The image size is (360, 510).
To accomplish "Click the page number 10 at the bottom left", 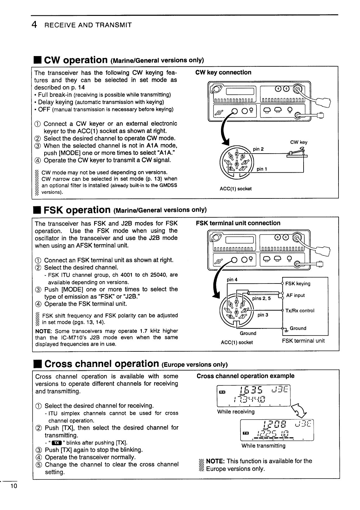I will coord(13,486).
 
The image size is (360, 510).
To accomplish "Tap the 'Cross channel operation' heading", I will coord(102,364).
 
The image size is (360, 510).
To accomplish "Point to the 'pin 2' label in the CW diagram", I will coord(258,149).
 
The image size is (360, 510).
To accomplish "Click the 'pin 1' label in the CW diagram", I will coord(262,169).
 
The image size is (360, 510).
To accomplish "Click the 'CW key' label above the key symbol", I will coord(299,142).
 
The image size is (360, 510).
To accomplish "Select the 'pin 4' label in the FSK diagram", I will coord(232,279).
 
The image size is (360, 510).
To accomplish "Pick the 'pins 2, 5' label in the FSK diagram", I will coord(262,298).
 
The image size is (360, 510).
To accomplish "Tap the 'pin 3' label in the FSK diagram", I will coord(263,315).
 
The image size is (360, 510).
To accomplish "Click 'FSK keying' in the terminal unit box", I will coord(298,284).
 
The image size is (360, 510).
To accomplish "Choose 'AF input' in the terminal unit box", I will coord(295,295).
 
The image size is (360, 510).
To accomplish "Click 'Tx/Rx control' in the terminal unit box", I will coord(300,311).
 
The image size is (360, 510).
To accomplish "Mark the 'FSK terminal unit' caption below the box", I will coord(303,341).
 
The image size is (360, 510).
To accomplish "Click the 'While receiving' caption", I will coord(236,412).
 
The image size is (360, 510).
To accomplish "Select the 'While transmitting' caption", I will coord(263,446).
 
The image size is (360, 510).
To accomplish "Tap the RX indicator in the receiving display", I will coord(222,392).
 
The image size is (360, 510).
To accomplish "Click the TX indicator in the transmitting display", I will coord(246,433).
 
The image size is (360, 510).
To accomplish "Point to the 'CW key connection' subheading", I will coord(223,73).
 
